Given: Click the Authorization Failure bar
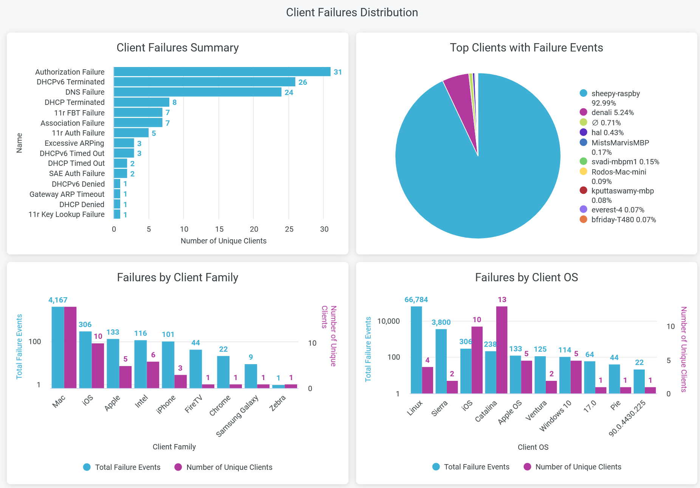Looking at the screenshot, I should pos(222,72).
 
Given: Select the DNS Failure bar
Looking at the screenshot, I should pos(197,92).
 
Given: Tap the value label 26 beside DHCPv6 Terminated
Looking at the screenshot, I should pos(302,82).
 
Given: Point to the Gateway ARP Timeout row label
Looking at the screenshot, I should pos(67,194).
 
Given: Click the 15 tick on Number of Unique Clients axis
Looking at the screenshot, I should pos(219,229).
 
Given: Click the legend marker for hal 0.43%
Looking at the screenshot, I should pos(584,133).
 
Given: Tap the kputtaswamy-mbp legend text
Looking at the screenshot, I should pos(623,191).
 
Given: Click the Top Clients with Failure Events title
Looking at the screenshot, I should pos(526,48).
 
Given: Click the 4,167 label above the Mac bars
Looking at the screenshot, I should pos(58,300).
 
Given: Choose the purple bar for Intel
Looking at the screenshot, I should pos(153,375).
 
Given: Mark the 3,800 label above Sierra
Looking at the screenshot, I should pos(441,322).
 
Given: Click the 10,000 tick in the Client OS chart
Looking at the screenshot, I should pos(388,321).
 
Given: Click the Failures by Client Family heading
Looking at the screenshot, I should pos(177,278).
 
